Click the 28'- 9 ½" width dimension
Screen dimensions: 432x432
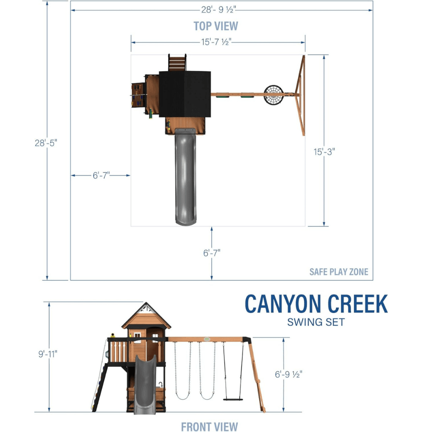pyautogui.click(x=219, y=10)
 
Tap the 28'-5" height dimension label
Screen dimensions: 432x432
pyautogui.click(x=46, y=143)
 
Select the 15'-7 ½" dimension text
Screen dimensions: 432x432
pyautogui.click(x=216, y=42)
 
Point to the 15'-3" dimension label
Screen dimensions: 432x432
pyautogui.click(x=324, y=152)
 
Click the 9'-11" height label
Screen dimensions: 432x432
pyautogui.click(x=48, y=354)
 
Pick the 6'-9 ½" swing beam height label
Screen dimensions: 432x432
pyautogui.click(x=289, y=374)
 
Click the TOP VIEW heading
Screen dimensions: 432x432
pyautogui.click(x=216, y=26)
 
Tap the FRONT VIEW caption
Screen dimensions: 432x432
pyautogui.click(x=210, y=426)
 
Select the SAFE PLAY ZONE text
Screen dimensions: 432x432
pyautogui.click(x=339, y=272)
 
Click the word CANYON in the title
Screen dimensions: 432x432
pyautogui.click(x=283, y=304)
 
